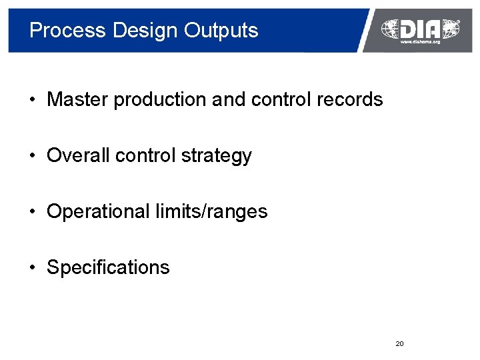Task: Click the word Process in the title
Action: coord(67,31)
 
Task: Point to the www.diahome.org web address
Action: coord(420,42)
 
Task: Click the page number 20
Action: coord(399,343)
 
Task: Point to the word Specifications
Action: coord(108,268)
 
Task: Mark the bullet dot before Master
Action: coord(32,101)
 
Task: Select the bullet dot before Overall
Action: coord(32,157)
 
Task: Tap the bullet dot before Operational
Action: coord(32,213)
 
